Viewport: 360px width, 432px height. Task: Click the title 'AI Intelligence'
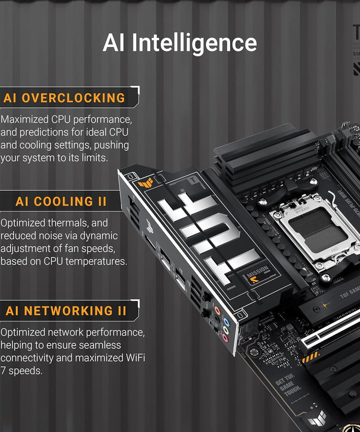[x=180, y=44]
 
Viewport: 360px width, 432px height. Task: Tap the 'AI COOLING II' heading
[x=61, y=201]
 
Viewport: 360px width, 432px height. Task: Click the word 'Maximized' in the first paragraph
[x=25, y=119]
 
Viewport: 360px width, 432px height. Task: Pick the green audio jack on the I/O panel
[x=225, y=330]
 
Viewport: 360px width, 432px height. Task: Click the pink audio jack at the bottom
[x=225, y=338]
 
